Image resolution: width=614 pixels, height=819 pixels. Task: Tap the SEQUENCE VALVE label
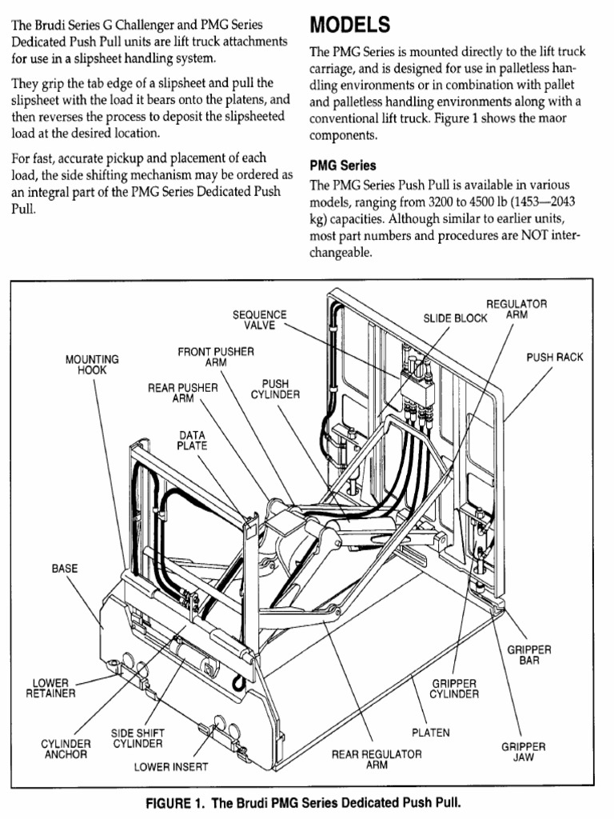point(259,321)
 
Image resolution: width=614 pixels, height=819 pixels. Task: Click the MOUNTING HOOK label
point(92,365)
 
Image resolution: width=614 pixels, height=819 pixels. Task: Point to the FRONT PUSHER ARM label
point(216,357)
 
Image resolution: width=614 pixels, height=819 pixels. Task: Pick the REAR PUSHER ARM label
point(183,393)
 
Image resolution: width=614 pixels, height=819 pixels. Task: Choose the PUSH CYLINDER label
point(275,389)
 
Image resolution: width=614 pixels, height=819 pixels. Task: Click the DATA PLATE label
point(192,441)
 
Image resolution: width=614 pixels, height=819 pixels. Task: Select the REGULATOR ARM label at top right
point(516,310)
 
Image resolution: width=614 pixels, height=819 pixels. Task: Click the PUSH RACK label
point(555,357)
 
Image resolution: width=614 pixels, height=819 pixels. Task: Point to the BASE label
point(65,569)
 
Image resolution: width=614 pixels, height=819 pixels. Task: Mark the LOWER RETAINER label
point(50,688)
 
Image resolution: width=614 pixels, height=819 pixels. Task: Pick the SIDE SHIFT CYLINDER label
point(132,738)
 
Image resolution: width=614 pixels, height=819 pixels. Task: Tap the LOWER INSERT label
point(171,767)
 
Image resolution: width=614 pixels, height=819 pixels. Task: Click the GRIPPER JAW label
point(524,752)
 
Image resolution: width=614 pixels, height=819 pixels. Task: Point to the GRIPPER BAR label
point(529,657)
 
